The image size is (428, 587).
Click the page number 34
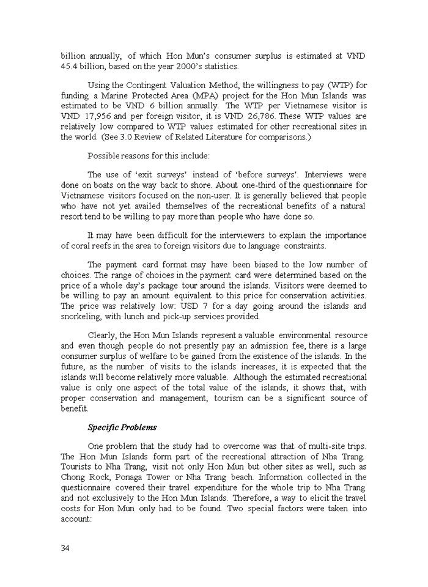[x=65, y=548]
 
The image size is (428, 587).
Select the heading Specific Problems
[x=122, y=427]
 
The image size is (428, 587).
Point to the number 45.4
[x=71, y=66]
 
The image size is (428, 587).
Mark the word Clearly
[x=102, y=335]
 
